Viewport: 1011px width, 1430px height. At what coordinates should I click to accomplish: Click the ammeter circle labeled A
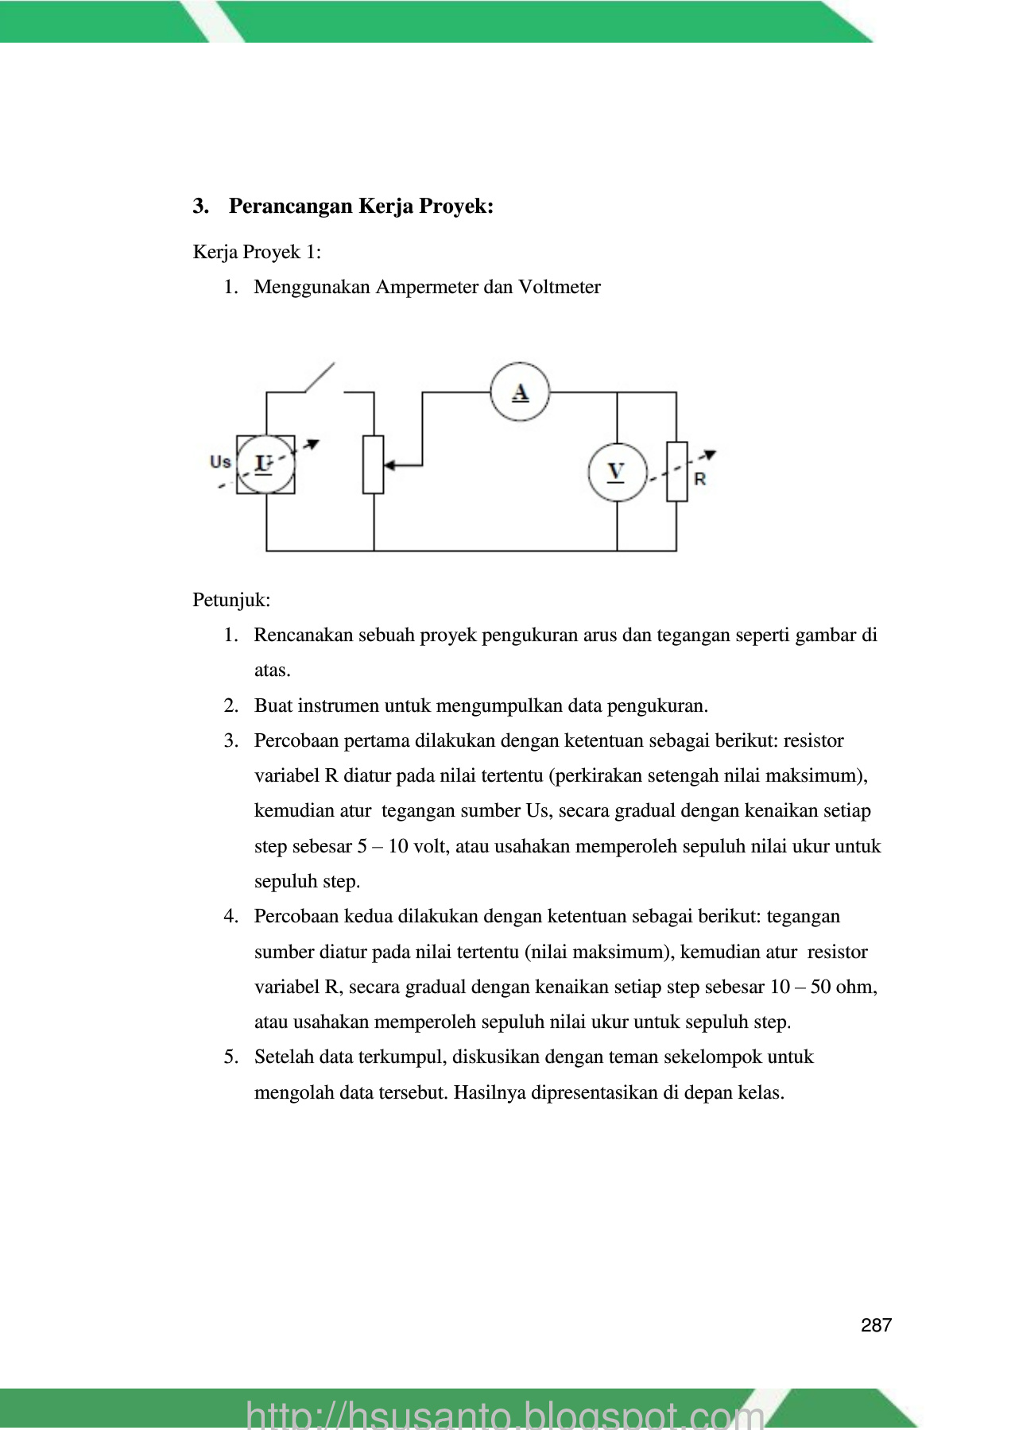coord(520,392)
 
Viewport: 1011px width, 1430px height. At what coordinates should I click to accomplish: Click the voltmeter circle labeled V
coord(617,472)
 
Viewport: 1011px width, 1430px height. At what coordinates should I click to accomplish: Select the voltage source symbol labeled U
coord(265,464)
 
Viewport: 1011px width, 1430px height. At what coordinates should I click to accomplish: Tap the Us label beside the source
coord(220,462)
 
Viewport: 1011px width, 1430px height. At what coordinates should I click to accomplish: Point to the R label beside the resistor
coord(699,479)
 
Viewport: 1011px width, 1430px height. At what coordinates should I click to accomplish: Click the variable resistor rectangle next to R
coord(676,471)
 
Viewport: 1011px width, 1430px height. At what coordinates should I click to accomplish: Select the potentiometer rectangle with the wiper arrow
coord(374,465)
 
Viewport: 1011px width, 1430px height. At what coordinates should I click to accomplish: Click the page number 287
coord(876,1325)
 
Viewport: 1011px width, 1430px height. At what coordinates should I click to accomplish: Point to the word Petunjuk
coord(230,600)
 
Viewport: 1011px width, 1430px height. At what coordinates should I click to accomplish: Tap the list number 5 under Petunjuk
coord(230,1057)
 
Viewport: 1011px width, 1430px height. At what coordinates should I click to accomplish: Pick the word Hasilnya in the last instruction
coord(489,1092)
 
